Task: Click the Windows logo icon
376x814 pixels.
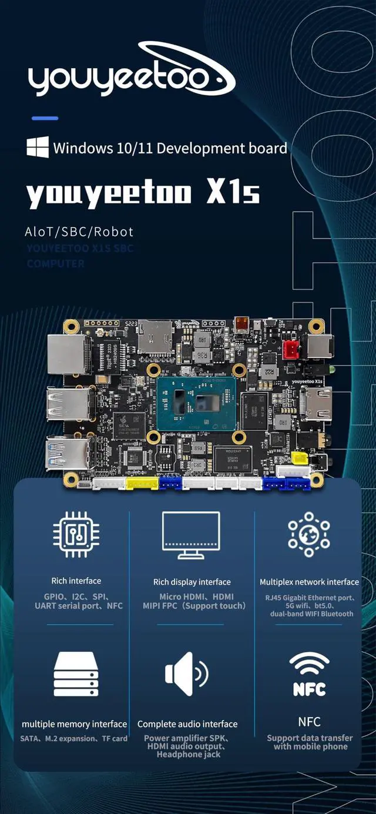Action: [x=37, y=147]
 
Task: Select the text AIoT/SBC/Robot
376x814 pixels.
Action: [x=79, y=232]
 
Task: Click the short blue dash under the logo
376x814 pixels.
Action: [x=45, y=118]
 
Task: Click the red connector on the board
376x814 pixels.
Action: [x=290, y=350]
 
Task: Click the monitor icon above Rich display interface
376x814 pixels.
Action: [x=191, y=535]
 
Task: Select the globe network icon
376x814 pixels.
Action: [x=309, y=534]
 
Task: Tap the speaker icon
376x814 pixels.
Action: [x=186, y=672]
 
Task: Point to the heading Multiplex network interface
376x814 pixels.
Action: [x=309, y=582]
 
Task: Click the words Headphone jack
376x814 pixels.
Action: [x=188, y=754]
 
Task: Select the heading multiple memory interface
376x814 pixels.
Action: [x=75, y=724]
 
